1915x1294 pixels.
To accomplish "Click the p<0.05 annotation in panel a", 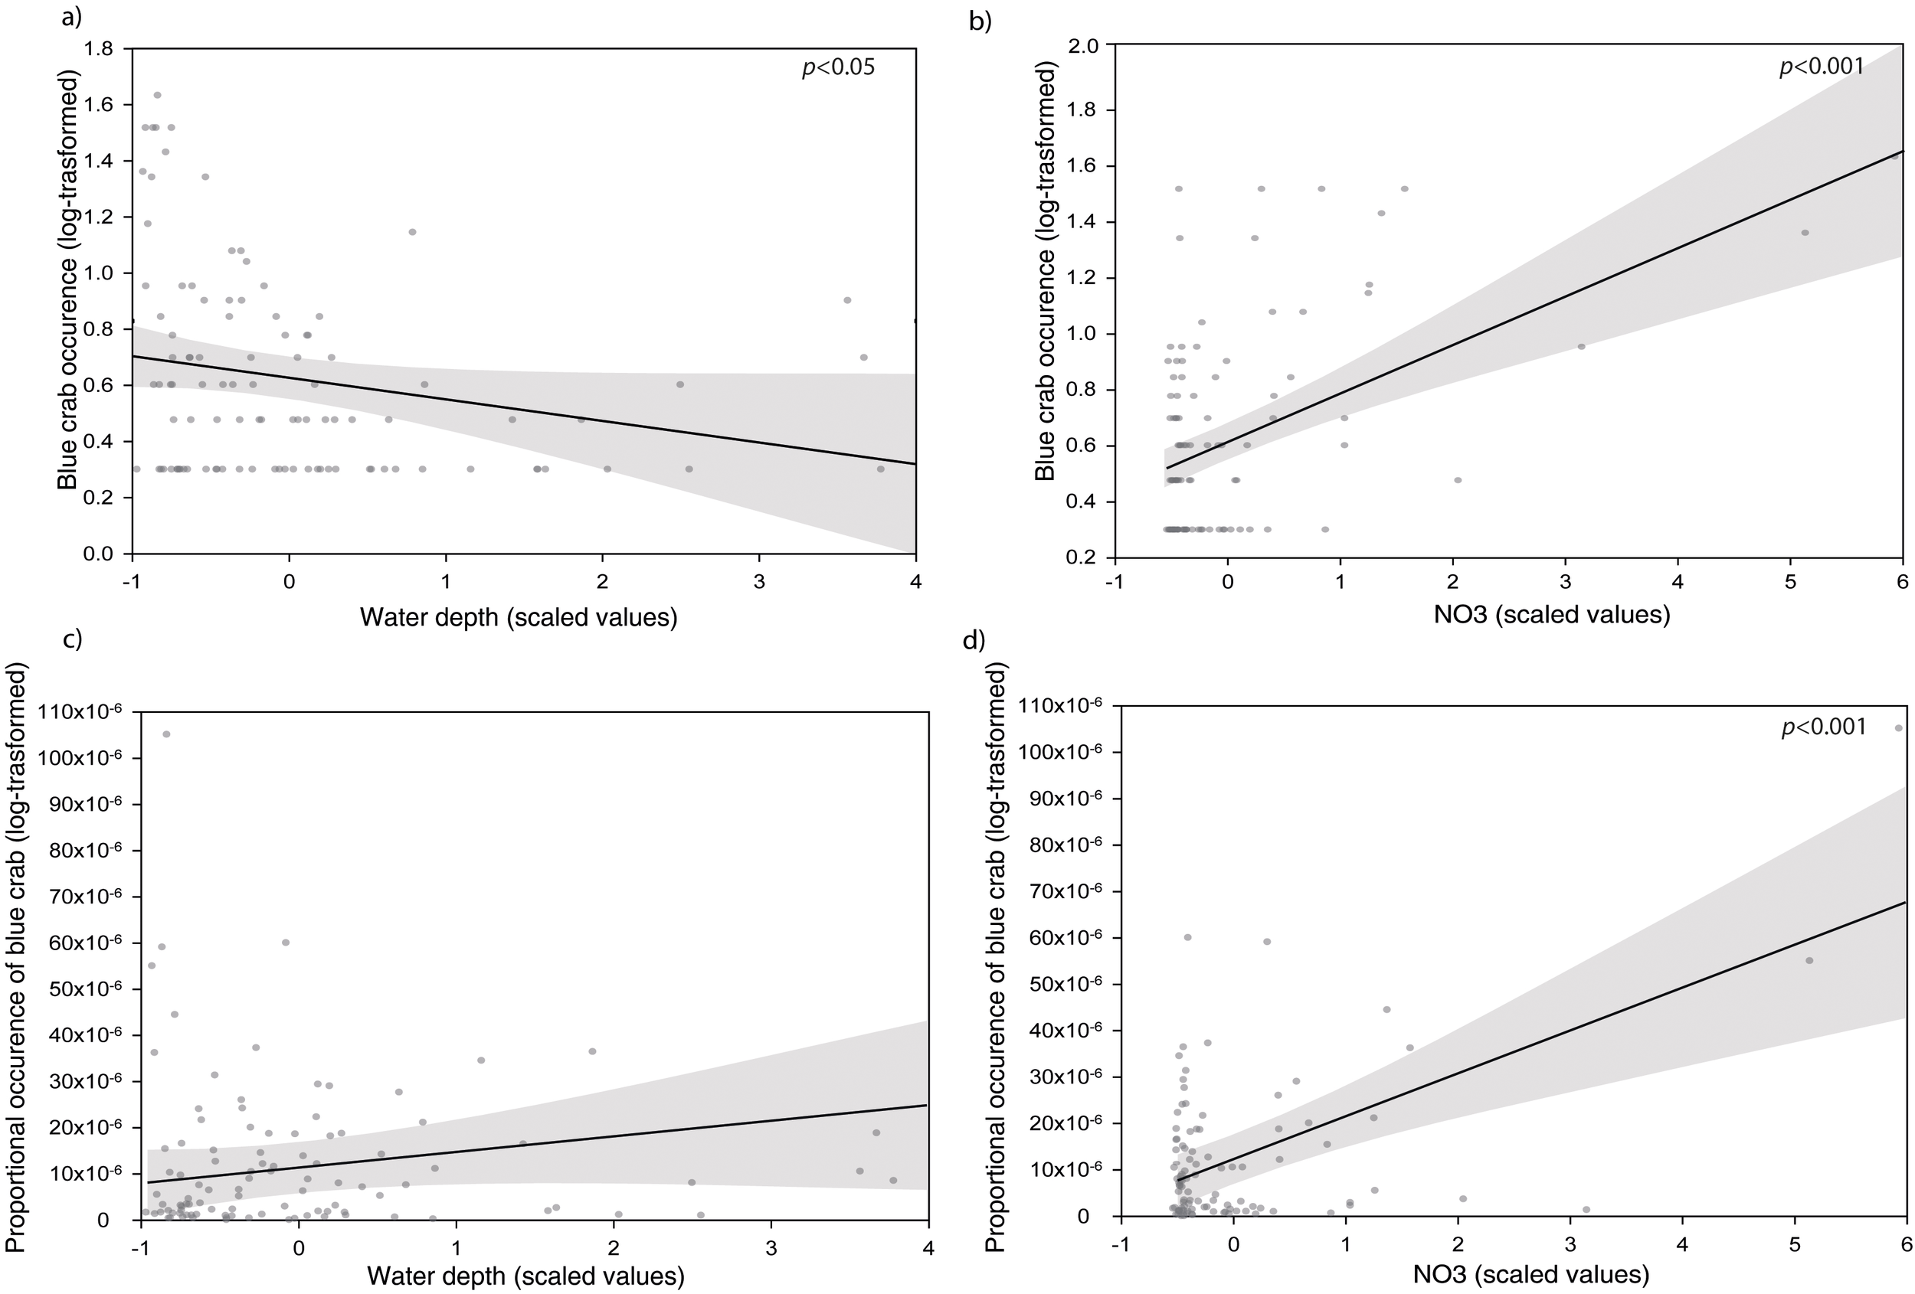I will click(x=838, y=67).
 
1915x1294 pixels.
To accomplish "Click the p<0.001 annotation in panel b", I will click(x=1821, y=66).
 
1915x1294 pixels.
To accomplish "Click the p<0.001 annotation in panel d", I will click(x=1823, y=727).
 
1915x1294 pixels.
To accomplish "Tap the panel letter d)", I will click(x=974, y=640).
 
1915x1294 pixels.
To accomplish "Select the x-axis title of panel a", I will click(x=519, y=617).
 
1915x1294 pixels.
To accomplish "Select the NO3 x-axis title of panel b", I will click(x=1552, y=615).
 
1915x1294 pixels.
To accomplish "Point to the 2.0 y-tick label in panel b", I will click(x=1082, y=45).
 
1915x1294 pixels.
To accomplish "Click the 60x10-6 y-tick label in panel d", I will click(x=1065, y=938).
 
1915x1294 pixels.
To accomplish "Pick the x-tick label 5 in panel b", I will click(x=1789, y=581).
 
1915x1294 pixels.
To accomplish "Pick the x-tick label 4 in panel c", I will click(x=928, y=1247).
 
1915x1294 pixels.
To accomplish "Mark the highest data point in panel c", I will click(x=166, y=734).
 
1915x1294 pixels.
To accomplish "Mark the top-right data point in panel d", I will click(x=1898, y=728).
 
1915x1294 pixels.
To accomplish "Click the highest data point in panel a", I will click(x=157, y=95).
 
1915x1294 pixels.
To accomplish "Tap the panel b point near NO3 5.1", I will click(x=1805, y=232).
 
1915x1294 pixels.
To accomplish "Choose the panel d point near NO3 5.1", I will click(x=1809, y=960).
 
